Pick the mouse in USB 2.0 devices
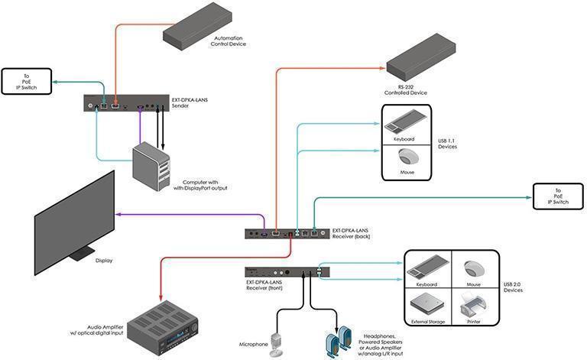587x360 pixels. (x=472, y=268)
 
